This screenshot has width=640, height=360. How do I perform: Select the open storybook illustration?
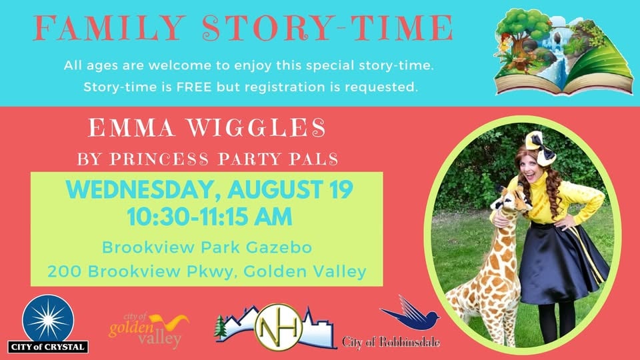click(564, 52)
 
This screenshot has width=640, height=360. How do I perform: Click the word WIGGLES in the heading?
click(257, 128)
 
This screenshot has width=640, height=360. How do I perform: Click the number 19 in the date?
click(341, 189)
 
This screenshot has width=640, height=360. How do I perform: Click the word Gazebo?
click(279, 247)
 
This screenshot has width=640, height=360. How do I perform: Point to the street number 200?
click(65, 271)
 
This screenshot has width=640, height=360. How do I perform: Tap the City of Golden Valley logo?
click(148, 330)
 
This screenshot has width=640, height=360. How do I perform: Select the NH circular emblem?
click(279, 327)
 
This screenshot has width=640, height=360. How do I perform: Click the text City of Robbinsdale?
click(391, 341)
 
